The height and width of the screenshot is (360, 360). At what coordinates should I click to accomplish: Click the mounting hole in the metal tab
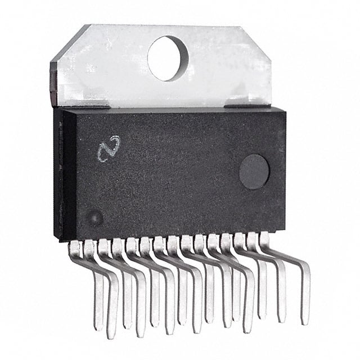coord(168,57)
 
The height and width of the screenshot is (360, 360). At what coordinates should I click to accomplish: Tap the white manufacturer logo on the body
coord(109,148)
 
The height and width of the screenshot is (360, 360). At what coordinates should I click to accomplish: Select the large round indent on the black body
coord(254,172)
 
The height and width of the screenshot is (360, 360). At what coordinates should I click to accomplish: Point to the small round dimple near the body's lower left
coord(96,217)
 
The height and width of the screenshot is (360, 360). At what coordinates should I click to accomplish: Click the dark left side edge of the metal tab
coord(53,84)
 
